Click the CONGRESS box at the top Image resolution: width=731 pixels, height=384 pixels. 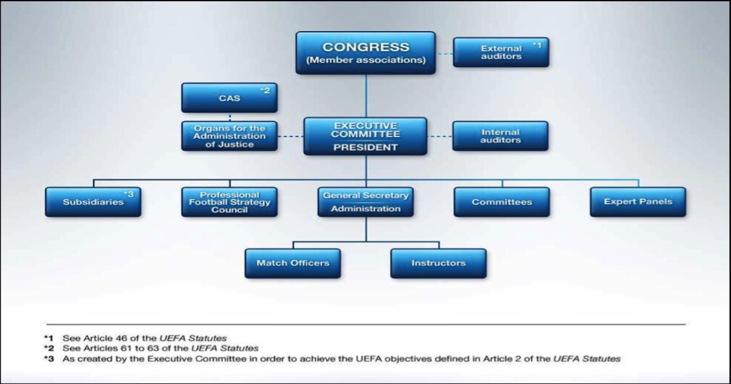365,53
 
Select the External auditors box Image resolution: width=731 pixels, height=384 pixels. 501,52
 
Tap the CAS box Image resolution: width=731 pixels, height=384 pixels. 230,98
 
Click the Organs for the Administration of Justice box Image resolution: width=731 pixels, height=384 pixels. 230,136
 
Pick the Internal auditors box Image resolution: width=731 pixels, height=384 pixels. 500,136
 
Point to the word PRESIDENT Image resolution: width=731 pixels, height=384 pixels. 365,148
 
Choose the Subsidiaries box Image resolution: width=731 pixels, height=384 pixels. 93,202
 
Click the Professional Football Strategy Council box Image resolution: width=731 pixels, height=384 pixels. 230,202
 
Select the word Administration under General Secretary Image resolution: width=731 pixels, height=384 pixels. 365,208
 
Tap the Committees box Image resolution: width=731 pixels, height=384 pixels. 502,202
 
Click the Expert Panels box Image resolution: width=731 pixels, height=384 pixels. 638,202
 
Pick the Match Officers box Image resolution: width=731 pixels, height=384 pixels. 293,263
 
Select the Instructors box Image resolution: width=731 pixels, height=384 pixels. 438,263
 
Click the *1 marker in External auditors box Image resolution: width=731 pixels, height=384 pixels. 537,45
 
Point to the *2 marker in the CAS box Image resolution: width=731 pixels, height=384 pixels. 265,90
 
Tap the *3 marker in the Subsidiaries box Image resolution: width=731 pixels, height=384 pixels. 129,194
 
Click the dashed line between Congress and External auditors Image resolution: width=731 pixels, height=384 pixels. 445,54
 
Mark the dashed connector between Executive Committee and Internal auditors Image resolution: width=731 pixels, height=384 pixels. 440,137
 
